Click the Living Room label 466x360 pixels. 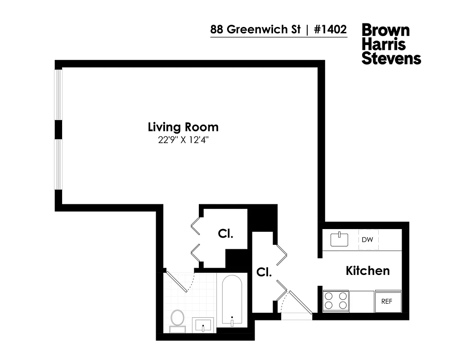pyautogui.click(x=183, y=127)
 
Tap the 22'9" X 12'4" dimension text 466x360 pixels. pyautogui.click(x=183, y=140)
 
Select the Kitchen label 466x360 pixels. pyautogui.click(x=367, y=271)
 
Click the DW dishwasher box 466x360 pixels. pyautogui.click(x=367, y=240)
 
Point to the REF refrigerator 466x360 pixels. pyautogui.click(x=387, y=301)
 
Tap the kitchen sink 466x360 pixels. pyautogui.click(x=340, y=239)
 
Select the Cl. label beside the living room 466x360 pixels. pyautogui.click(x=225, y=234)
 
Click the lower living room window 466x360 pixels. pyautogui.click(x=58, y=165)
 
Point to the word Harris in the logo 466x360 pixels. pyautogui.click(x=384, y=45)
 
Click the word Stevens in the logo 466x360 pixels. pyautogui.click(x=391, y=58)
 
